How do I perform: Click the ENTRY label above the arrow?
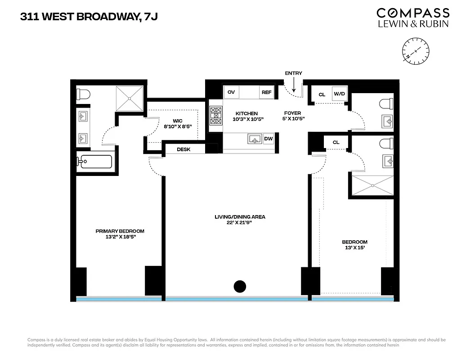pyautogui.click(x=293, y=73)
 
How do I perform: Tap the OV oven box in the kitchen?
pyautogui.click(x=231, y=92)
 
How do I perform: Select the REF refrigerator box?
pyautogui.click(x=266, y=92)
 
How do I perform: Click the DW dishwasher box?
pyautogui.click(x=269, y=139)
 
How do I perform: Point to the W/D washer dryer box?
pyautogui.click(x=339, y=94)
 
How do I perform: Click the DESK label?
pyautogui.click(x=183, y=149)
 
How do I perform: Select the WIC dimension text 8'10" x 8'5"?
pyautogui.click(x=178, y=126)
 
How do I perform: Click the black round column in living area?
pyautogui.click(x=240, y=286)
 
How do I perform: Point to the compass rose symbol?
pyautogui.click(x=416, y=50)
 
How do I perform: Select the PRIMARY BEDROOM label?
pyautogui.click(x=120, y=231)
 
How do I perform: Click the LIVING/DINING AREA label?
pyautogui.click(x=240, y=217)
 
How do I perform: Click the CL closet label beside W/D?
pyautogui.click(x=322, y=94)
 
